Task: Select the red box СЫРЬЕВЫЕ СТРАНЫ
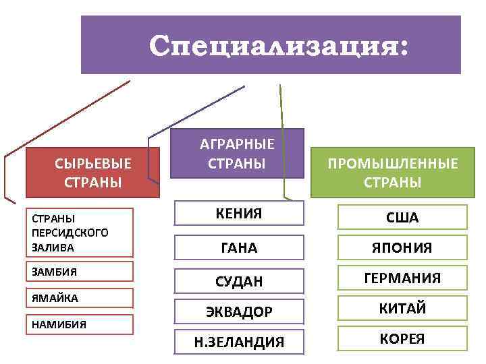[x=93, y=173]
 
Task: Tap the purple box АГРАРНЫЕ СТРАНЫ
[x=237, y=154]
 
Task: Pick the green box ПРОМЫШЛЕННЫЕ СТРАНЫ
[x=392, y=173]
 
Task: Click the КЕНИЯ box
[x=239, y=214]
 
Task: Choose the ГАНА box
[x=239, y=247]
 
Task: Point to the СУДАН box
[x=239, y=280]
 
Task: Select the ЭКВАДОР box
[x=239, y=312]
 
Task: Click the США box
[x=402, y=218]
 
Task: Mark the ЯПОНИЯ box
[x=402, y=248]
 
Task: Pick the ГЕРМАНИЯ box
[x=402, y=278]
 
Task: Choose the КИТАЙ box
[x=402, y=309]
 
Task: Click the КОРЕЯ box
[x=402, y=338]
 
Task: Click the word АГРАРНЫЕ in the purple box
[x=237, y=144]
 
